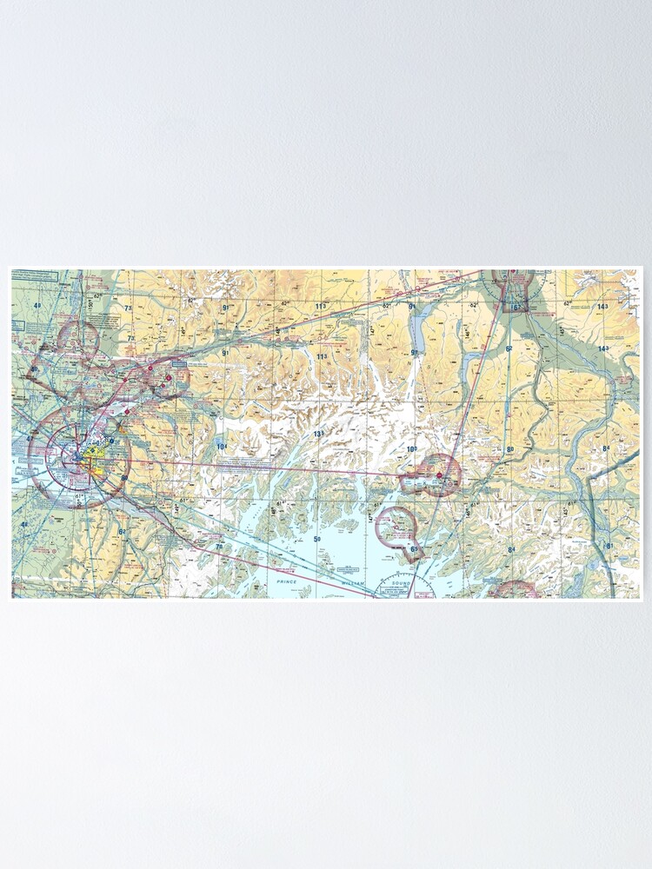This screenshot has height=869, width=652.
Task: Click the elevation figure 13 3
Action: tap(318, 434)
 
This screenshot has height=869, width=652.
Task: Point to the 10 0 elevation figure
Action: tap(412, 449)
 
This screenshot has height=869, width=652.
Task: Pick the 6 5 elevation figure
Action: tap(415, 549)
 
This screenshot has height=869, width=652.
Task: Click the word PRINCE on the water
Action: tap(287, 580)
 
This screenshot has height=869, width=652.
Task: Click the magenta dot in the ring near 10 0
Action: tap(440, 475)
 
